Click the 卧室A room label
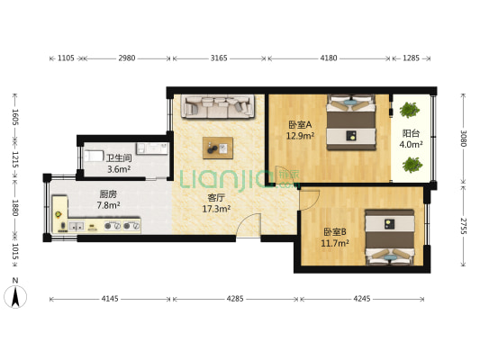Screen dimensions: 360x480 click(300, 125)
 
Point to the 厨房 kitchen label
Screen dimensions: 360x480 click(108, 193)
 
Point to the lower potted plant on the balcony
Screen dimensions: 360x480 click(412, 166)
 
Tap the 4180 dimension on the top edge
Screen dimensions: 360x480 click(329, 58)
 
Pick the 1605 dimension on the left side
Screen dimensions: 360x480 click(15, 118)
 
